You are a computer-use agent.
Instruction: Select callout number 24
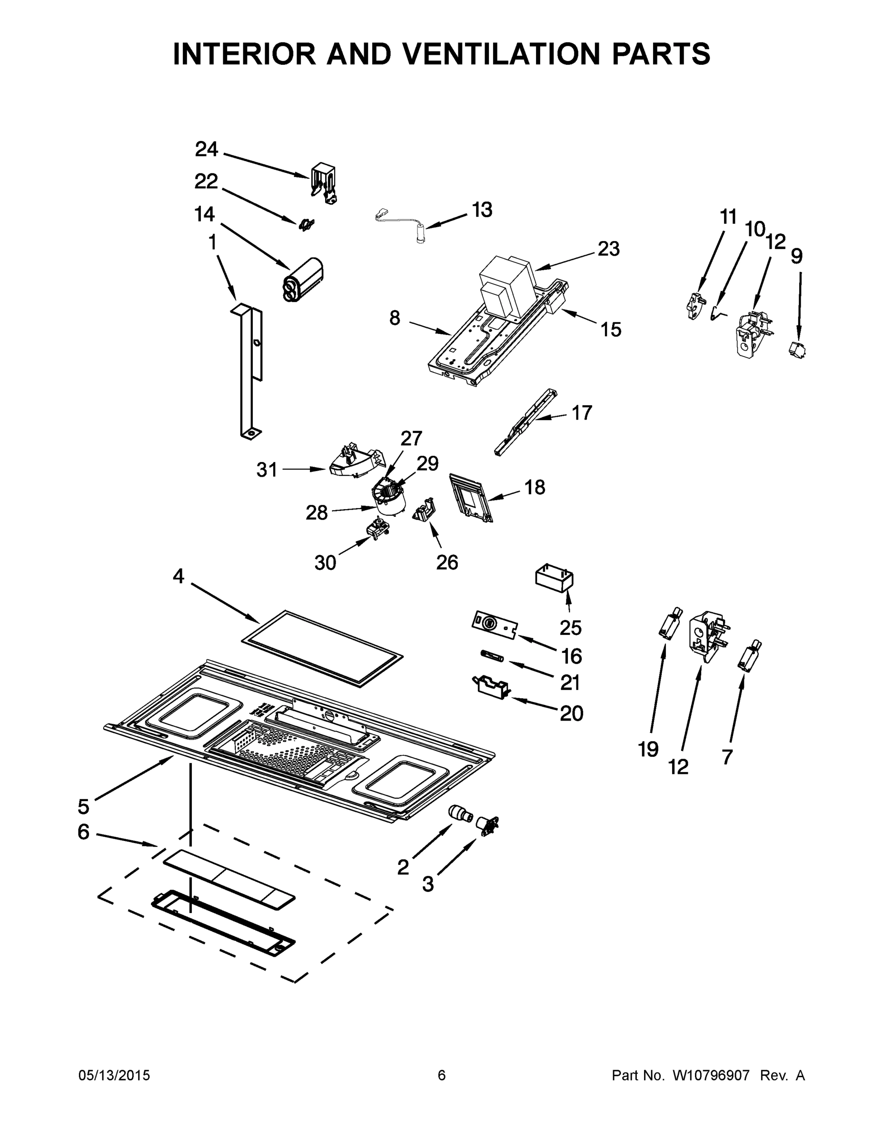(x=206, y=150)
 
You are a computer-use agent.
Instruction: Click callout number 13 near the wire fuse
(x=482, y=210)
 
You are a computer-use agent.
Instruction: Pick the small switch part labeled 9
(x=797, y=350)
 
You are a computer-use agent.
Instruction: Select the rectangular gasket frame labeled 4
(x=323, y=648)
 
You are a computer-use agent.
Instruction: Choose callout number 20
(x=571, y=713)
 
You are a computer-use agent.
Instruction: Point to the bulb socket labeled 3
(x=486, y=824)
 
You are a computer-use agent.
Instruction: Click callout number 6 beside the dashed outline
(x=83, y=832)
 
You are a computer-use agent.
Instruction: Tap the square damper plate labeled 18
(x=470, y=497)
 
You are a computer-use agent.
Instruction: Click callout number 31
(x=267, y=470)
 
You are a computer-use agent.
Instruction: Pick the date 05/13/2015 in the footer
(x=114, y=1075)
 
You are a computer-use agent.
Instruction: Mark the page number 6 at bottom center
(x=442, y=1075)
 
